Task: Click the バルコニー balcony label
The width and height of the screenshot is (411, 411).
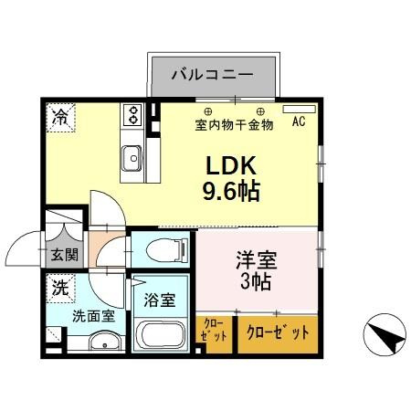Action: tap(212, 74)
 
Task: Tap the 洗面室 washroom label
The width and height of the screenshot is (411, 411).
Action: tap(93, 318)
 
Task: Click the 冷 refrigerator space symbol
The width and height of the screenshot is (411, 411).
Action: tap(59, 117)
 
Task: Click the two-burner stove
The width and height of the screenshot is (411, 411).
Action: tap(132, 115)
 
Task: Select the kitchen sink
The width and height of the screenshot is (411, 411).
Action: tap(132, 154)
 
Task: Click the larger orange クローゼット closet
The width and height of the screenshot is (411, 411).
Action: tap(279, 332)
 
